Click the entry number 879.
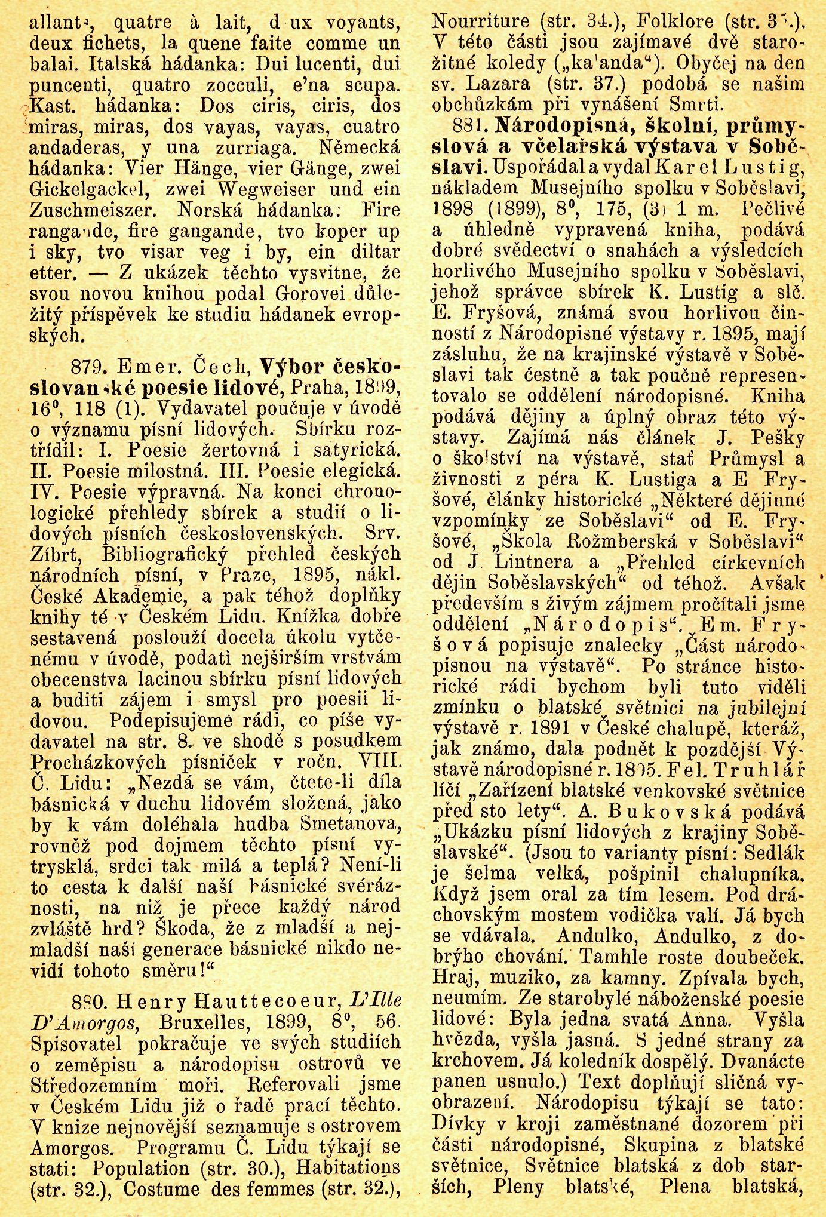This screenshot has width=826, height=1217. pyautogui.click(x=89, y=365)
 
